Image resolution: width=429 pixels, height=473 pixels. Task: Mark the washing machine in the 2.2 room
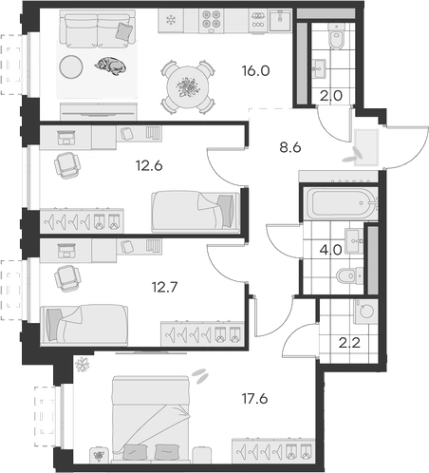click(x=364, y=312)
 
